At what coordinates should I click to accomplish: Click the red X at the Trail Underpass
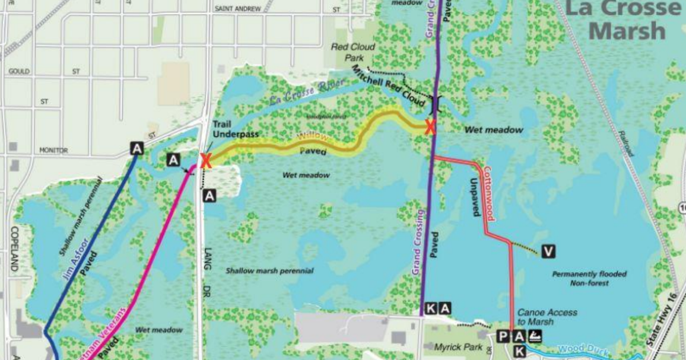[206, 161]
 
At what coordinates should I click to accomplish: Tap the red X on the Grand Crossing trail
[430, 126]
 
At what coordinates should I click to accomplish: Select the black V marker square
[548, 252]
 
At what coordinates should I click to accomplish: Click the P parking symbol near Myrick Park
[503, 337]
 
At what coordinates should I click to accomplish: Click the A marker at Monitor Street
[137, 148]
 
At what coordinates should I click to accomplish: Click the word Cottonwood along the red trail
[488, 193]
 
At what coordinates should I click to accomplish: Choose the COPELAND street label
[14, 249]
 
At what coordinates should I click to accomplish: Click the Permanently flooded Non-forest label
[589, 279]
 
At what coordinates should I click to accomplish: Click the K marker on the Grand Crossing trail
[431, 308]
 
